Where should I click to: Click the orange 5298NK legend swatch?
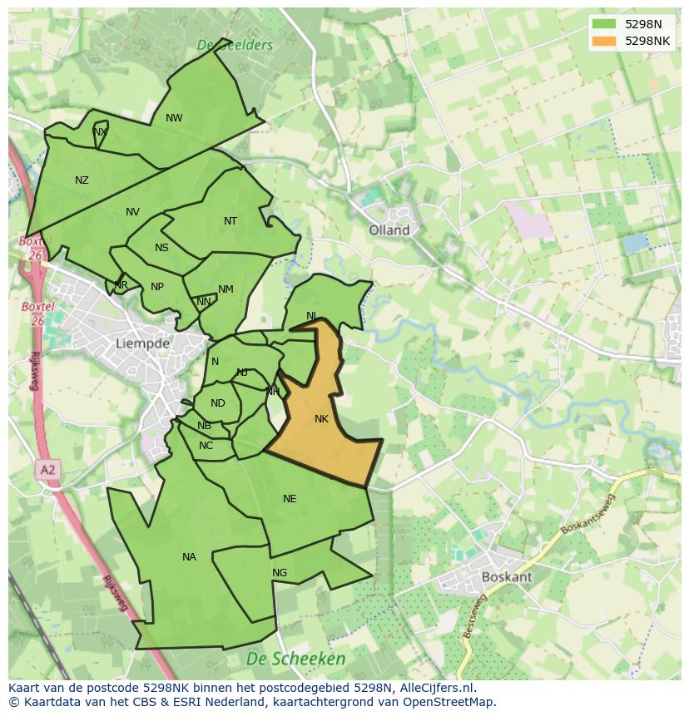tap(605, 41)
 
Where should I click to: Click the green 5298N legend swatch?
tap(605, 24)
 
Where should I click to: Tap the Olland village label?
tap(389, 230)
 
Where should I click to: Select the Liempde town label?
tap(142, 343)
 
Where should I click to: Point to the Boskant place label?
tap(507, 576)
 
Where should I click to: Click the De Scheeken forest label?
tap(295, 659)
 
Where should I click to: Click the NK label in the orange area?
tap(322, 419)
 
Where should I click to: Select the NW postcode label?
tap(174, 118)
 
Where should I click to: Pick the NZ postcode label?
tap(82, 180)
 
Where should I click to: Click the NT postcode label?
tap(230, 221)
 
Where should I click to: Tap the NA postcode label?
tap(189, 557)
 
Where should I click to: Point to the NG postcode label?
tap(280, 573)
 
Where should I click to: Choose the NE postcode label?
tap(290, 499)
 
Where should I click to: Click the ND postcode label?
tap(217, 403)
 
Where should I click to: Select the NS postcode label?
tap(161, 248)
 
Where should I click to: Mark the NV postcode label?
tap(132, 212)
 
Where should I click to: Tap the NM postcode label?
tap(226, 289)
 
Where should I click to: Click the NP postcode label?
tap(157, 287)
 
